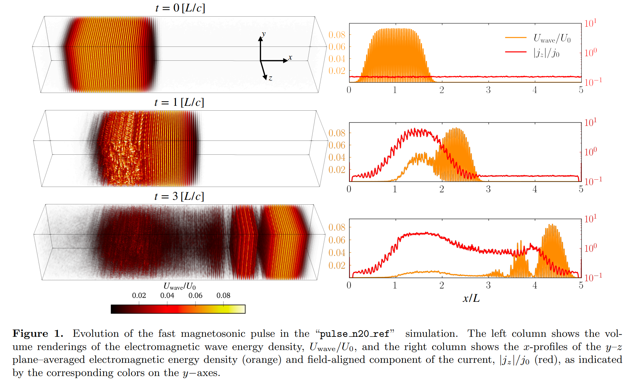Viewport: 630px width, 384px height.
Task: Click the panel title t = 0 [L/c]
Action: point(180,8)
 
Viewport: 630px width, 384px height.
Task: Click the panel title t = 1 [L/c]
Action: point(179,102)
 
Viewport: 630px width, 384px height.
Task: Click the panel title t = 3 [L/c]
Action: point(179,196)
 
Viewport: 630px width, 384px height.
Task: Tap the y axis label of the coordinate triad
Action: point(264,34)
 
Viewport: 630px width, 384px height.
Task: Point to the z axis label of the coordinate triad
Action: point(270,78)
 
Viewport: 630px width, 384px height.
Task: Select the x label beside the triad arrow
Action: point(290,58)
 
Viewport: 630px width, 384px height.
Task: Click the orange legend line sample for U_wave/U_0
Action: point(516,37)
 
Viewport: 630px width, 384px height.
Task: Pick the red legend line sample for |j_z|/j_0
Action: point(516,52)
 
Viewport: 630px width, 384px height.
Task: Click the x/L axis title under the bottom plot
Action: point(471,298)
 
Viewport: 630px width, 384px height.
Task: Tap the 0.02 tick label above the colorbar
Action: point(139,296)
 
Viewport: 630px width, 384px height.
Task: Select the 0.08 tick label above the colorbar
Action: point(223,296)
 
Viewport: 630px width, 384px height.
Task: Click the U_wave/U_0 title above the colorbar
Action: point(179,287)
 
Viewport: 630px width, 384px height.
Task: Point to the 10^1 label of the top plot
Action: point(590,23)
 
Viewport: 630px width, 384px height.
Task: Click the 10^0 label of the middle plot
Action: point(590,152)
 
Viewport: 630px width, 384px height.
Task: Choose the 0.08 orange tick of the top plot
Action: point(337,35)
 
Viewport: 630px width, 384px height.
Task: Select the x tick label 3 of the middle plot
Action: point(488,189)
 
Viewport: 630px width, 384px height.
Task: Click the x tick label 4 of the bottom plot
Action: point(535,285)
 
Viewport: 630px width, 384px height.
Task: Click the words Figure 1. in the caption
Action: point(38,334)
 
